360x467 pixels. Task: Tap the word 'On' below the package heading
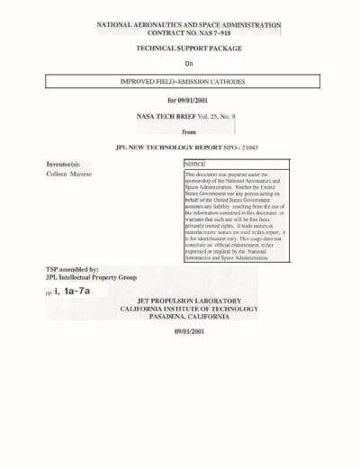pyautogui.click(x=189, y=63)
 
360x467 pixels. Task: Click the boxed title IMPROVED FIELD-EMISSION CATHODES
pyautogui.click(x=189, y=82)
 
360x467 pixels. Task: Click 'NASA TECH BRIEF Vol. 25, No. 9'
pyautogui.click(x=189, y=117)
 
